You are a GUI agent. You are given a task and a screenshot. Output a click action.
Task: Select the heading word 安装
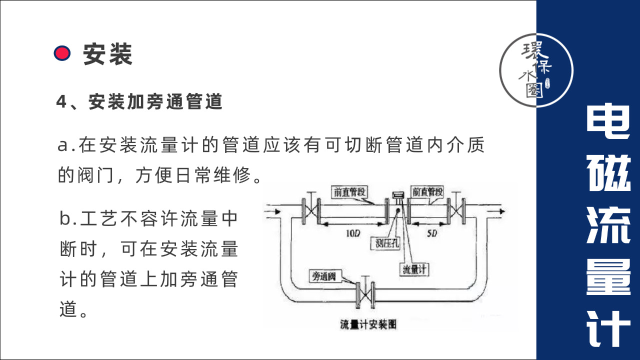pyautogui.click(x=107, y=54)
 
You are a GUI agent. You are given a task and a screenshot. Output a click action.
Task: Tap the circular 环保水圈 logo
pyautogui.click(x=536, y=70)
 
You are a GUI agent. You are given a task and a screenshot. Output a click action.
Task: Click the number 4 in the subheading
pyautogui.click(x=61, y=102)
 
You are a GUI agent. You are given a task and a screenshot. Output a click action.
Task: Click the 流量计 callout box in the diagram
pyautogui.click(x=414, y=269)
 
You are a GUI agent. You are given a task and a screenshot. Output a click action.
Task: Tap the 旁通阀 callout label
pyautogui.click(x=323, y=275)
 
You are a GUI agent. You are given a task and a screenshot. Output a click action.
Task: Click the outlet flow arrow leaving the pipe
pyautogui.click(x=496, y=211)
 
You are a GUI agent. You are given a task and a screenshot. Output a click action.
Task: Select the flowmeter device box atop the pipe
pyautogui.click(x=398, y=195)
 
